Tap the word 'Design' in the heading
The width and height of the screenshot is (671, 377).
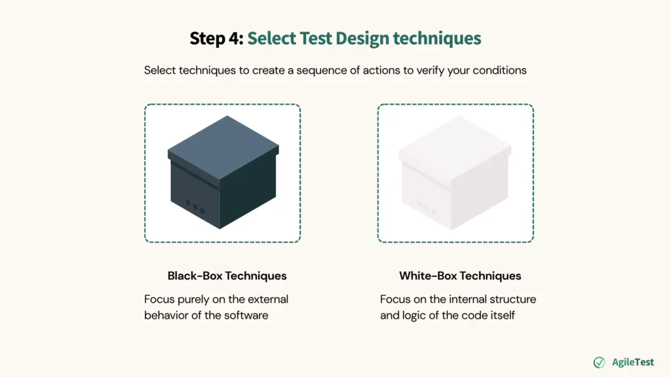[362, 38]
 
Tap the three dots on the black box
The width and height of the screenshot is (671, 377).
[195, 205]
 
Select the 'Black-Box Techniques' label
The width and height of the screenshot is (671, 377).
[227, 276]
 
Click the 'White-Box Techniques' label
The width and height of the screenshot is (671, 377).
[460, 276]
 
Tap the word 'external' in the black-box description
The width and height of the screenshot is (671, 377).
[267, 299]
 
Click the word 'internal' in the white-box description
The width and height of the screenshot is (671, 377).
[472, 299]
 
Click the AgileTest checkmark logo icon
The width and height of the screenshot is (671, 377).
[599, 362]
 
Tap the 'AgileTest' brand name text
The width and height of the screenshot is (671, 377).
[632, 362]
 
